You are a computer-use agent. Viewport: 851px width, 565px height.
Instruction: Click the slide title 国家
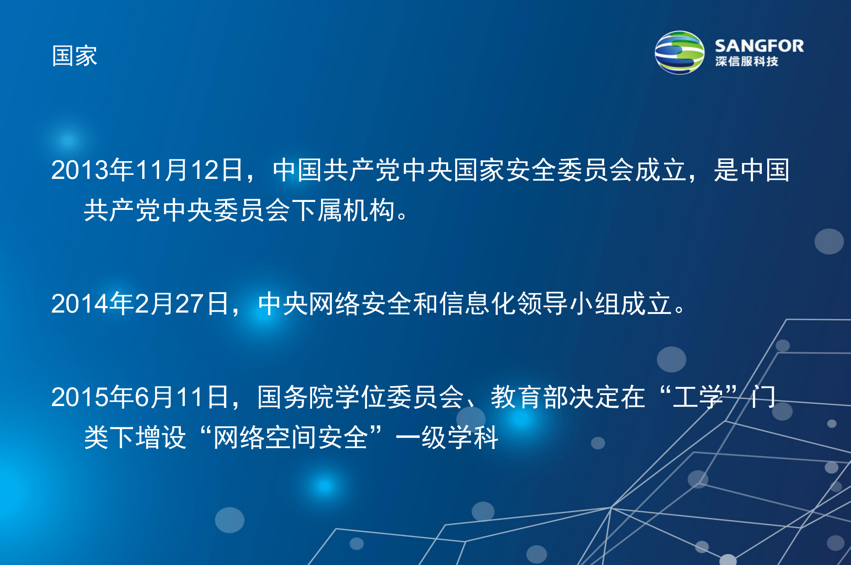click(x=74, y=56)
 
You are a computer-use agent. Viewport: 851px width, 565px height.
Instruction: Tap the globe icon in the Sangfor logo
click(x=679, y=52)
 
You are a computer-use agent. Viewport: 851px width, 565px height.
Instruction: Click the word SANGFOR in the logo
click(x=759, y=46)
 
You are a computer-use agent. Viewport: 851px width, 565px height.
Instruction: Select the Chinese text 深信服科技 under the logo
click(x=746, y=62)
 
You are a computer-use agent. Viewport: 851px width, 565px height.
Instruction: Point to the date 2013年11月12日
click(x=146, y=170)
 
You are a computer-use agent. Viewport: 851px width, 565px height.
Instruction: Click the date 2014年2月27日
click(x=140, y=304)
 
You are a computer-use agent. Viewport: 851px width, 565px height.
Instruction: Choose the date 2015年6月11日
click(x=140, y=397)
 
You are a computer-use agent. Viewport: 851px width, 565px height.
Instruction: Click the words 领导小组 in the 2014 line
click(x=568, y=304)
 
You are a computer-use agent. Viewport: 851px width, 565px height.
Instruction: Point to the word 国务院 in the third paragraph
click(x=296, y=397)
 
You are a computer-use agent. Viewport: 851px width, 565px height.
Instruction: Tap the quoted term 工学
click(x=698, y=397)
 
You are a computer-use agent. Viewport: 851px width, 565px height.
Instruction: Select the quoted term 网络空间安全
click(x=290, y=438)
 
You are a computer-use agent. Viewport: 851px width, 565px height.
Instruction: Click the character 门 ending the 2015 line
click(x=763, y=397)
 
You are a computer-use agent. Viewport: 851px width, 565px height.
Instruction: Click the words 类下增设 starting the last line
click(x=135, y=438)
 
